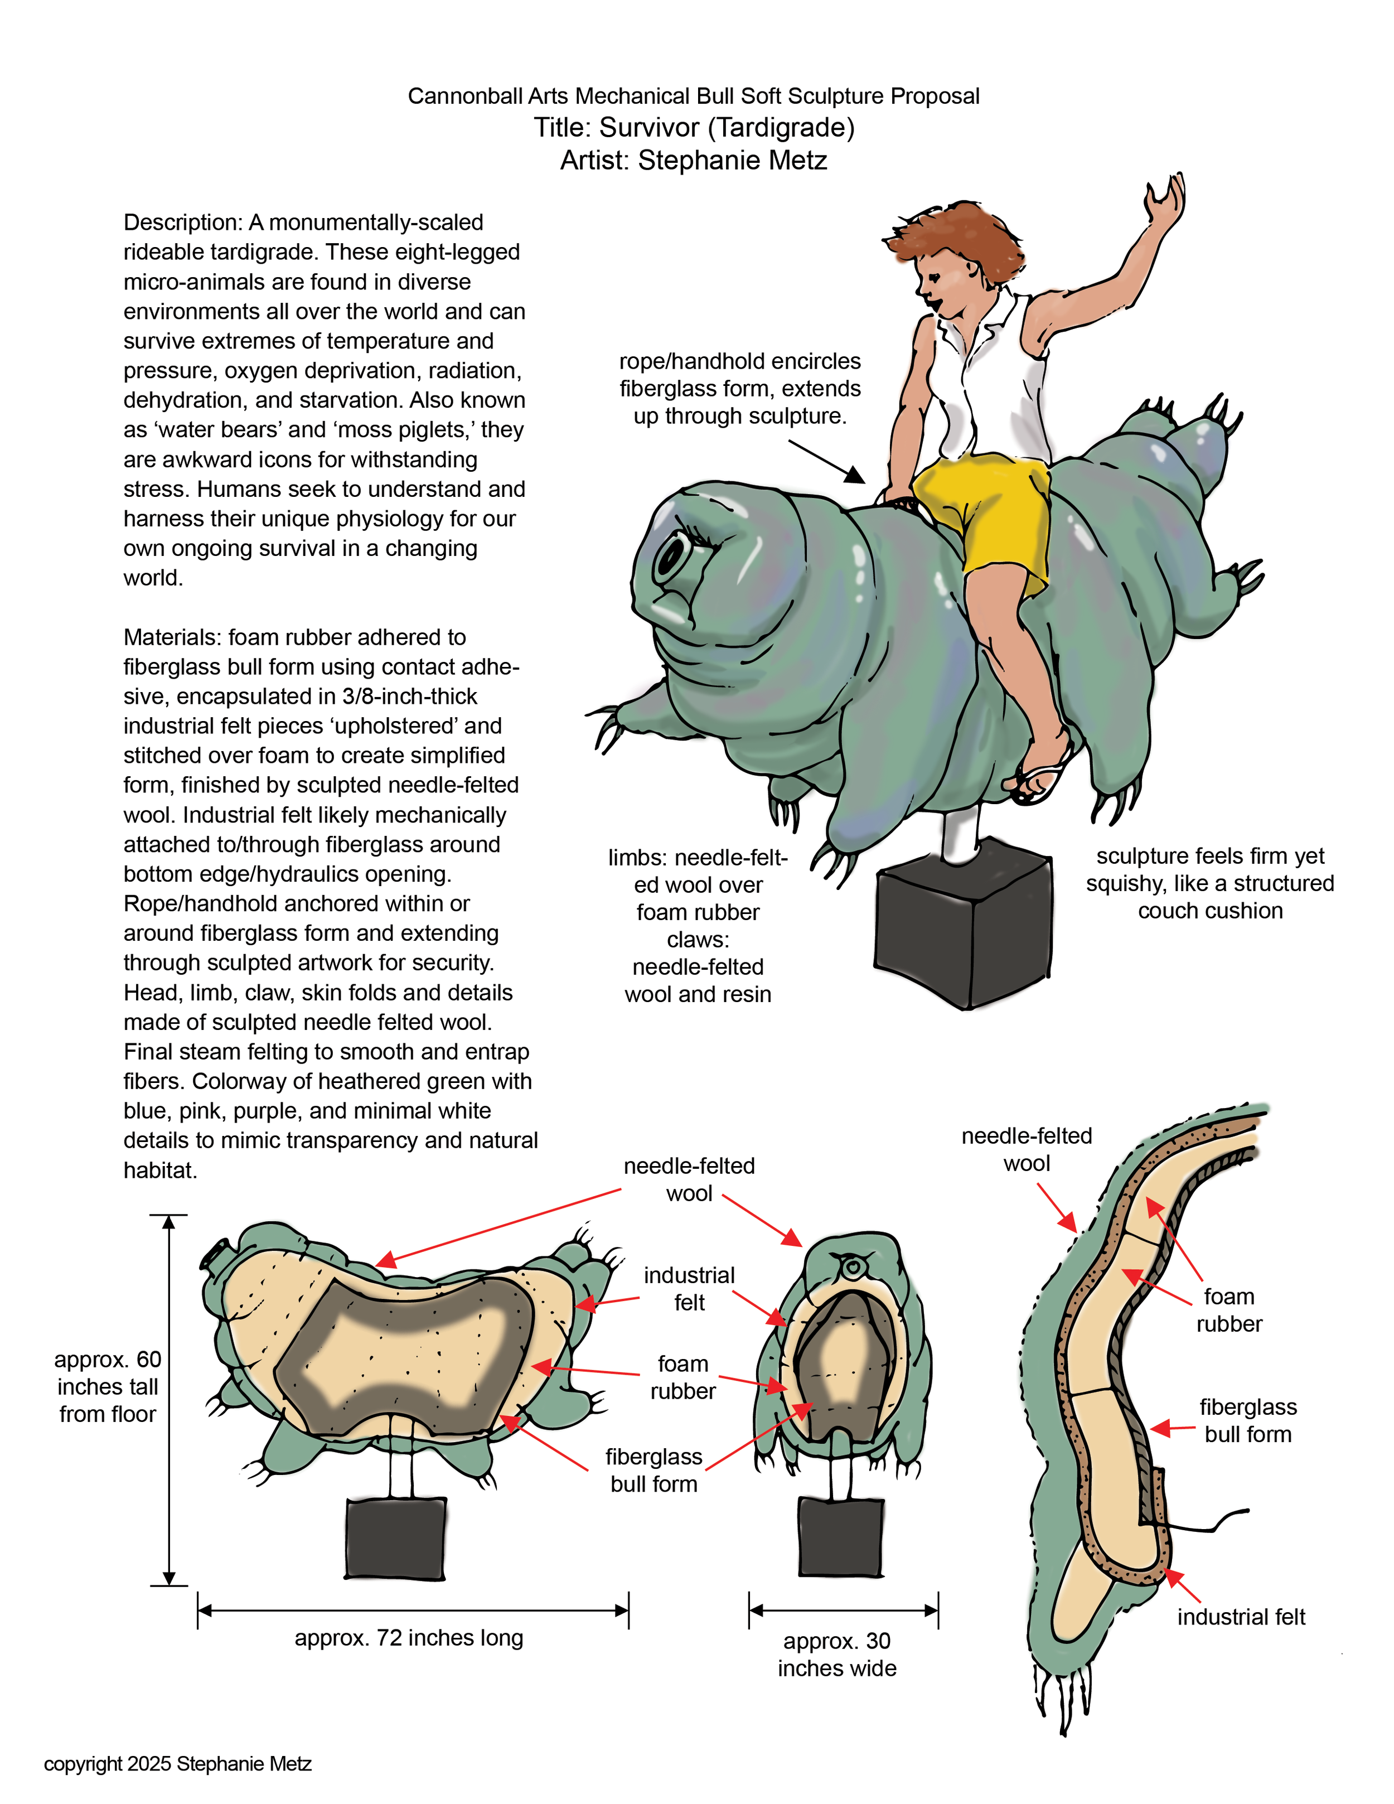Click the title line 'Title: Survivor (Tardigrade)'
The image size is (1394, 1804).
(x=694, y=128)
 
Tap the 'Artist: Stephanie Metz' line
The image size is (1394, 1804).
(x=694, y=160)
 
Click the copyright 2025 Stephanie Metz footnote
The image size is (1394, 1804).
(x=177, y=1763)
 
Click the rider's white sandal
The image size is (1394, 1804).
(x=1040, y=781)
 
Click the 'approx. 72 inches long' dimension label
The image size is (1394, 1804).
(x=409, y=1638)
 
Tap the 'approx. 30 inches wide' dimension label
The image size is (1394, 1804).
(x=836, y=1655)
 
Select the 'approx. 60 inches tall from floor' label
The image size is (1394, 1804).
(x=108, y=1387)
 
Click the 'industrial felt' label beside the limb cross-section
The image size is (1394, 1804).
(x=1241, y=1617)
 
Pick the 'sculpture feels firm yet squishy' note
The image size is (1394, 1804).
(x=1210, y=883)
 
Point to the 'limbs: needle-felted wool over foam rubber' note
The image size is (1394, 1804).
(x=698, y=884)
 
